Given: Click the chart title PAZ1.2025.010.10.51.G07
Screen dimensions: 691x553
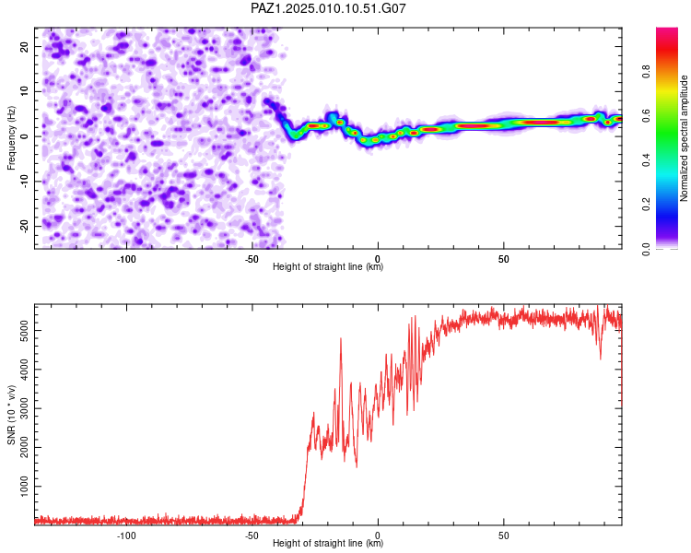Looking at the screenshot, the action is (x=328, y=8).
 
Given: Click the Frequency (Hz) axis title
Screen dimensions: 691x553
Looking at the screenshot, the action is (x=11, y=138).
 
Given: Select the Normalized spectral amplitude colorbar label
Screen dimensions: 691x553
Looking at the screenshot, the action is (x=684, y=138).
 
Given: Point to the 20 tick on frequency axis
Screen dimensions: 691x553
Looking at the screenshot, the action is (x=24, y=46).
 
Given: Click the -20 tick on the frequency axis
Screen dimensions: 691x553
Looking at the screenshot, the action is (x=24, y=226).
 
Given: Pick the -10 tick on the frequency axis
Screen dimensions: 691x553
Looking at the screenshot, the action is (x=24, y=182).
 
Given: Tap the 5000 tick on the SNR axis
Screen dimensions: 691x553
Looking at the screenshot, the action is (x=24, y=330).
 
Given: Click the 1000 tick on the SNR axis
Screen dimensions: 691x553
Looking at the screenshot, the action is (x=24, y=486).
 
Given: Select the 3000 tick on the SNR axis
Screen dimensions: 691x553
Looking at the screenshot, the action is (x=24, y=408).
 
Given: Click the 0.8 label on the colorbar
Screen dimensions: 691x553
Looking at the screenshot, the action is (x=646, y=72).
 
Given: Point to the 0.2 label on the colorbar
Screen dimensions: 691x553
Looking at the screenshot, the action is (x=646, y=205).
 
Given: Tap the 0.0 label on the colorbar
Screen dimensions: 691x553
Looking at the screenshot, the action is (x=646, y=249).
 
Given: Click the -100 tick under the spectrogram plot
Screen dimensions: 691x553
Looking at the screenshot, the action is (x=126, y=259).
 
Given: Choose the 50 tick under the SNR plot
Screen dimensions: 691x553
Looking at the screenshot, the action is (x=504, y=535).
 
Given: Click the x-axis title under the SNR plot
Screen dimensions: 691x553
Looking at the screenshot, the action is (x=328, y=543).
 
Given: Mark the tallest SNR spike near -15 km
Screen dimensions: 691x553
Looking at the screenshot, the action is (x=341, y=338).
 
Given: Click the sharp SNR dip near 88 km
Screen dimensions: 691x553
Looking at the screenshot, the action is (x=600, y=359).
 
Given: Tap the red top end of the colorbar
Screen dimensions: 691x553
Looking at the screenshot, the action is (x=667, y=30).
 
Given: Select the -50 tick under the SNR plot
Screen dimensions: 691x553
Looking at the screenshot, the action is (x=252, y=535).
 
